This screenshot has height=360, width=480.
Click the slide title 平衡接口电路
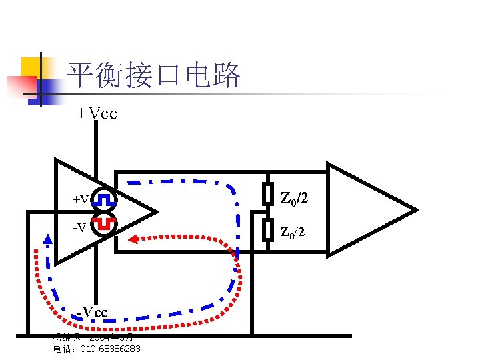pyautogui.click(x=154, y=75)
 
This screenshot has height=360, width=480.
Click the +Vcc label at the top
pyautogui.click(x=97, y=113)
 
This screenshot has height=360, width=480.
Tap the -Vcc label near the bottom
pyautogui.click(x=92, y=311)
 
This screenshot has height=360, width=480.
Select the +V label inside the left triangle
pyautogui.click(x=81, y=199)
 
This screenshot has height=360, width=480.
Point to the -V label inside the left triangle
pyautogui.click(x=79, y=228)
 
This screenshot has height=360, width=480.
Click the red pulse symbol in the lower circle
pyautogui.click(x=104, y=224)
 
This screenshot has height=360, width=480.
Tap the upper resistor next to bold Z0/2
pyautogui.click(x=267, y=193)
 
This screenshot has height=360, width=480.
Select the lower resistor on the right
pyautogui.click(x=267, y=229)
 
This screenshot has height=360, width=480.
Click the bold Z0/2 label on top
pyautogui.click(x=294, y=198)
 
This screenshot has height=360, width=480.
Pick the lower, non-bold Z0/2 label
pyautogui.click(x=293, y=233)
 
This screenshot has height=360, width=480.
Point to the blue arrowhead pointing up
pyautogui.click(x=47, y=239)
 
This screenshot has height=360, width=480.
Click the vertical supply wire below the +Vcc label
pyautogui.click(x=96, y=147)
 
